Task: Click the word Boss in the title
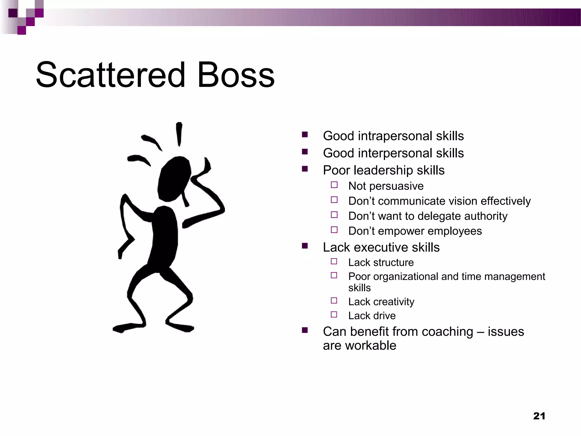236,75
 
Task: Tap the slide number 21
539,416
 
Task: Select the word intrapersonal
395,136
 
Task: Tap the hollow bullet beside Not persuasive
334,185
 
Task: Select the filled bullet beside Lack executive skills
305,246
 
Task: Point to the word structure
393,263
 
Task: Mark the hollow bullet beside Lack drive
334,315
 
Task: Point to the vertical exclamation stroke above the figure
179,134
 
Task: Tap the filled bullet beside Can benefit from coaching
305,330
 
